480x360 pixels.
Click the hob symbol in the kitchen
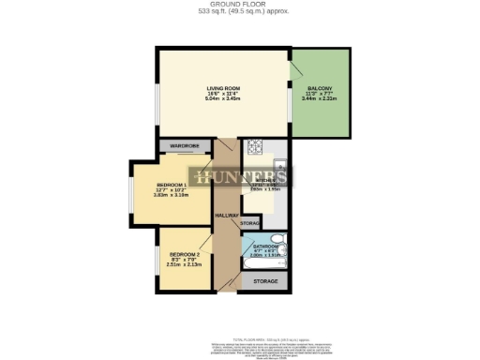pyautogui.click(x=253, y=148)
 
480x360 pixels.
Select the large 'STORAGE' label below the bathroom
pyautogui.click(x=266, y=281)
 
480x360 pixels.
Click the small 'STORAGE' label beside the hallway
pyautogui.click(x=250, y=223)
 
